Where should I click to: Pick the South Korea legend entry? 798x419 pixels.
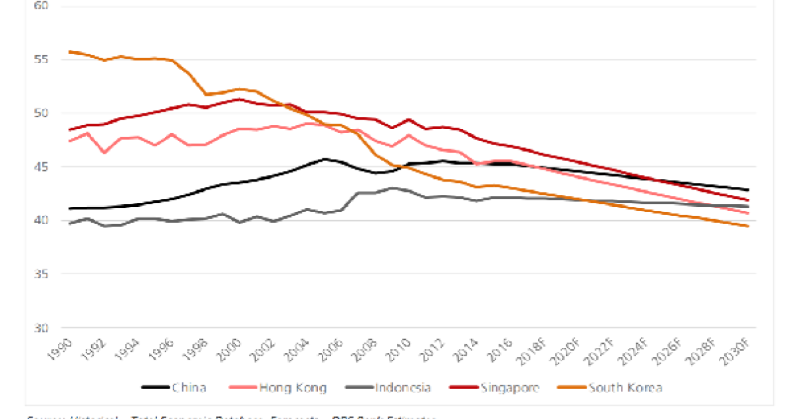point(609,388)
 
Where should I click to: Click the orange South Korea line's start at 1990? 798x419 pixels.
point(70,51)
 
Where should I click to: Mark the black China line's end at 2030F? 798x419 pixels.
point(749,190)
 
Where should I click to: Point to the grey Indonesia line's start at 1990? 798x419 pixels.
point(70,223)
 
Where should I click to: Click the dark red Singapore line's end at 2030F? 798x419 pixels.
point(749,200)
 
